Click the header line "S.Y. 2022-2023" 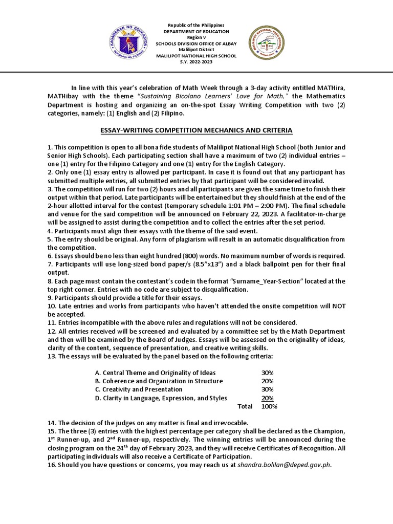pos(196,61)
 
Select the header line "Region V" pos(196,37)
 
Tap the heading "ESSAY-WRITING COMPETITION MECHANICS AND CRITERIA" pos(196,130)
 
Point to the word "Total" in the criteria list pos(245,406)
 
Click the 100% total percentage pos(269,406)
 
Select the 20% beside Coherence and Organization pos(268,381)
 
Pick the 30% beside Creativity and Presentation pos(268,389)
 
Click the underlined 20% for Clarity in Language pos(268,398)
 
